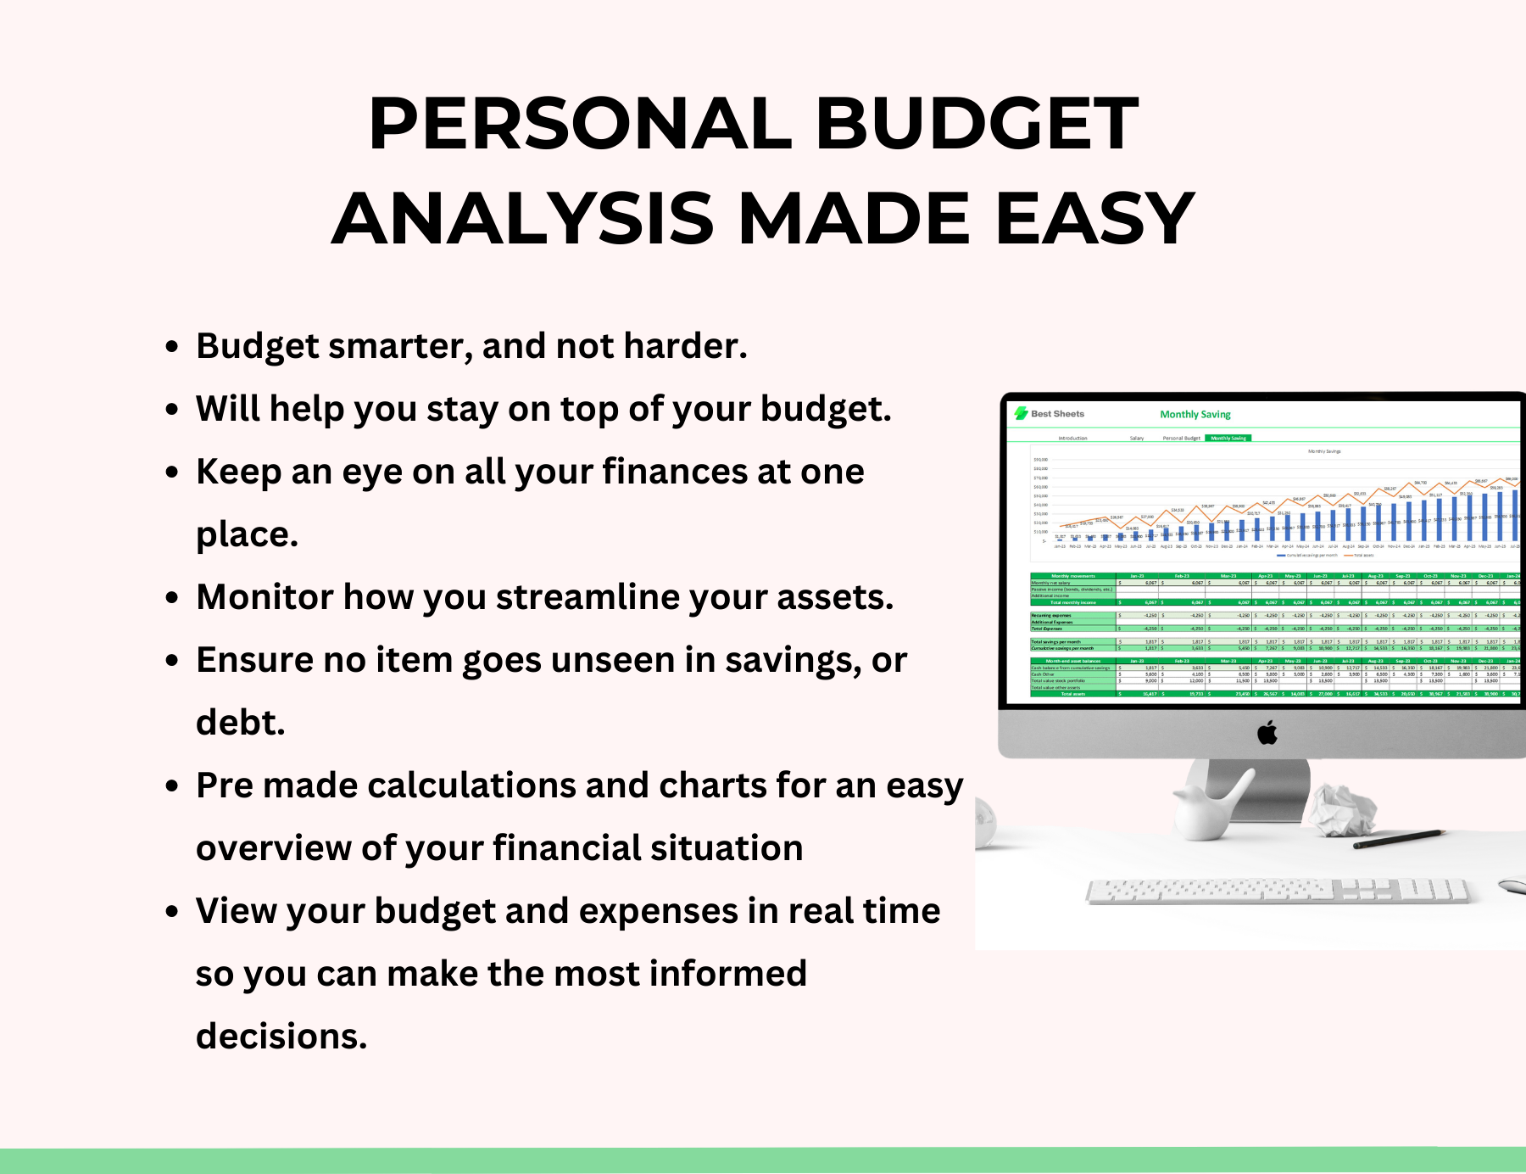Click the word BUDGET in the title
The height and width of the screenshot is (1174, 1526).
tap(977, 124)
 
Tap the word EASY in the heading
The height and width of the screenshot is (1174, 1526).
tap(1094, 219)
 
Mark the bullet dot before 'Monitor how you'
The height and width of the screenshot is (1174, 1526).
tap(172, 598)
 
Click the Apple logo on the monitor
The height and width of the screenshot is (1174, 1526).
tap(1267, 732)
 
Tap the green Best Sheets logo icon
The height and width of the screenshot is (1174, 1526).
tap(1022, 413)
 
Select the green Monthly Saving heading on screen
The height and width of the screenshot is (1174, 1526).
tap(1195, 415)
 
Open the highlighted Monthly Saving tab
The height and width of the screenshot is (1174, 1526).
tap(1228, 439)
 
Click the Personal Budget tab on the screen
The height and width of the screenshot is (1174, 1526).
tap(1181, 439)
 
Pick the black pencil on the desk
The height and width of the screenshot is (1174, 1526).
tap(1399, 839)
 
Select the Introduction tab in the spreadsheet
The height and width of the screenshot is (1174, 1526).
tap(1072, 439)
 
